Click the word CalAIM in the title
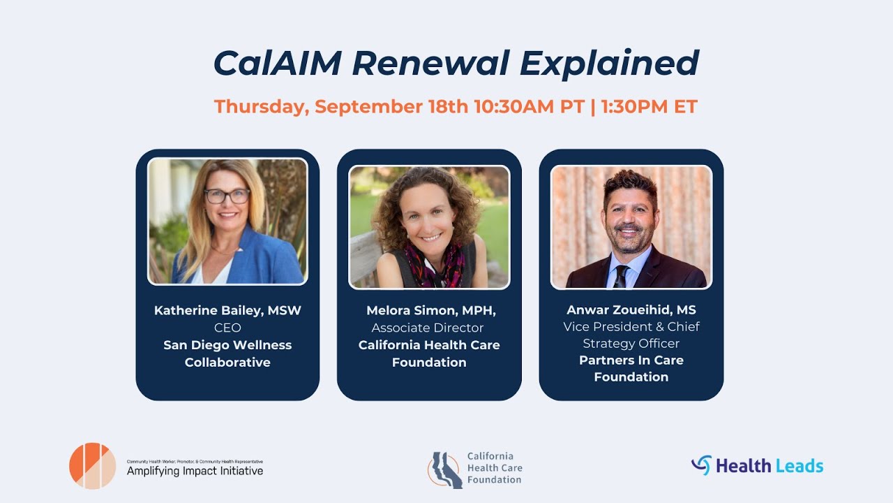coord(278,63)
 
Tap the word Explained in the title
coord(610,64)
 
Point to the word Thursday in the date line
coord(262,108)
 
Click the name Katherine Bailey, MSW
coord(227,311)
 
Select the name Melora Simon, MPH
coord(430,311)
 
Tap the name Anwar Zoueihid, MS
coord(631,309)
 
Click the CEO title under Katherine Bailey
coord(227,328)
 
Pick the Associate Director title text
coord(428,328)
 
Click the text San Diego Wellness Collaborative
coord(227,353)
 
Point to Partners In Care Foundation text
coord(631,368)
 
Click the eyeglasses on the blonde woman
coord(227,196)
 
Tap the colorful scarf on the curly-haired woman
coord(434,265)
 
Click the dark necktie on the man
coord(620,276)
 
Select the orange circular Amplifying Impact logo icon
coord(93,466)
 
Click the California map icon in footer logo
coord(445,470)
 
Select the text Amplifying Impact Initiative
coord(195,471)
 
